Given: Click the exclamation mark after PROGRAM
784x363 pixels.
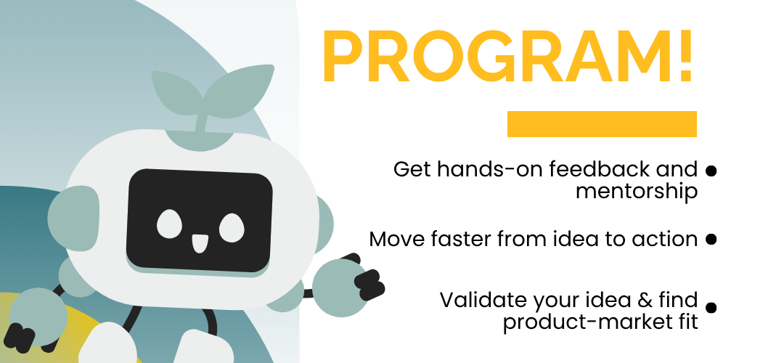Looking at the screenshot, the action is point(685,56).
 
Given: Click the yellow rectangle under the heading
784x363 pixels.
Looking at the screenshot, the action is point(602,124).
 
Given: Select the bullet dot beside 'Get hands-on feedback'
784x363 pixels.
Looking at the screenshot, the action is point(711,171).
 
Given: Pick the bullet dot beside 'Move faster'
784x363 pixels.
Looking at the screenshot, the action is point(711,239).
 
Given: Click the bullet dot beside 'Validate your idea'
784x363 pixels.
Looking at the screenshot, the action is point(711,308).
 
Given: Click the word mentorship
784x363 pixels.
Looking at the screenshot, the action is point(637,192).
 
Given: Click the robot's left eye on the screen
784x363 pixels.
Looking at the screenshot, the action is point(169,224).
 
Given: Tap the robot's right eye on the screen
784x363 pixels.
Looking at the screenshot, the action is point(232,227).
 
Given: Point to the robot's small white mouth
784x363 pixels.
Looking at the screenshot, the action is point(200,243).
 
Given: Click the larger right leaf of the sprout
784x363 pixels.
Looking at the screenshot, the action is point(240,91).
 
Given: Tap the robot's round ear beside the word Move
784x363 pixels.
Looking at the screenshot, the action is point(324,224).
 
